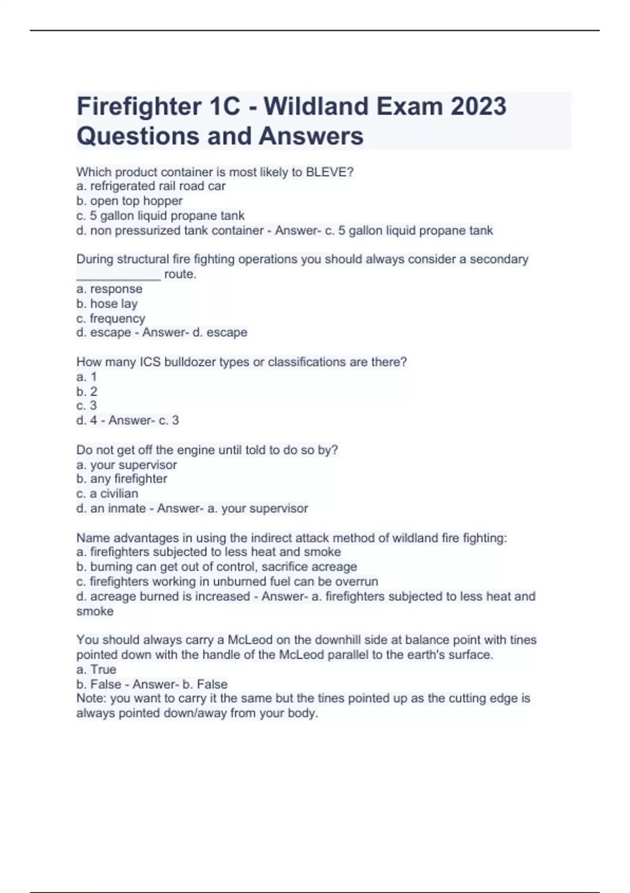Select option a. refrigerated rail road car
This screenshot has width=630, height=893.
click(x=151, y=186)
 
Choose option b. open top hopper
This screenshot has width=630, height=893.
click(x=130, y=201)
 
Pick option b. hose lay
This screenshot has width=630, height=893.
click(x=107, y=304)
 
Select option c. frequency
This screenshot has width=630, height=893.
click(x=111, y=318)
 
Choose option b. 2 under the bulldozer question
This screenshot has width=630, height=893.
click(x=87, y=391)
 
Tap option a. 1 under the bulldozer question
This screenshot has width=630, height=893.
click(x=87, y=377)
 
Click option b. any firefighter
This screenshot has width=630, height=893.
click(x=122, y=479)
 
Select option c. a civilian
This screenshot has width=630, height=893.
click(x=108, y=493)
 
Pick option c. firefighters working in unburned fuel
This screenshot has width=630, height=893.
click(x=227, y=582)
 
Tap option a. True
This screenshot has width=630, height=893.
click(x=96, y=669)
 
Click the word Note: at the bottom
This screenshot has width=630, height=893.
click(x=91, y=698)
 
